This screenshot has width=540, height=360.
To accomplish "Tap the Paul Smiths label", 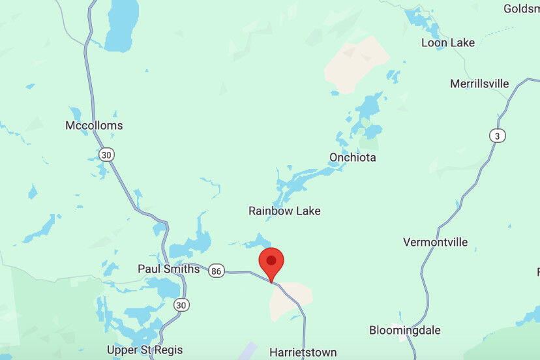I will coord(168,269).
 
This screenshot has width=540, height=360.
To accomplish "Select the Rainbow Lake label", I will coord(284,211).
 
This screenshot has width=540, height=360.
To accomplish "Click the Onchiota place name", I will coord(352,157).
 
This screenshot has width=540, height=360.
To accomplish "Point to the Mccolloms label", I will coord(94,125).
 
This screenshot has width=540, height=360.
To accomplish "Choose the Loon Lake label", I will coord(447,42).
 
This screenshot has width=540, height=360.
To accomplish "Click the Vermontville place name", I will coord(435,242).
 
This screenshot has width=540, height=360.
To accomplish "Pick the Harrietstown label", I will coord(303,352).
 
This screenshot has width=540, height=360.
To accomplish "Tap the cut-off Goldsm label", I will coord(521,8).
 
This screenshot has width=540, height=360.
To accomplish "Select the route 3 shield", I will coord(498,136).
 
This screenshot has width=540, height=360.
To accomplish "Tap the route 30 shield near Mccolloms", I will coord(106,155).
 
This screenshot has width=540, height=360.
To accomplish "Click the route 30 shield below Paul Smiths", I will coord(181,305).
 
